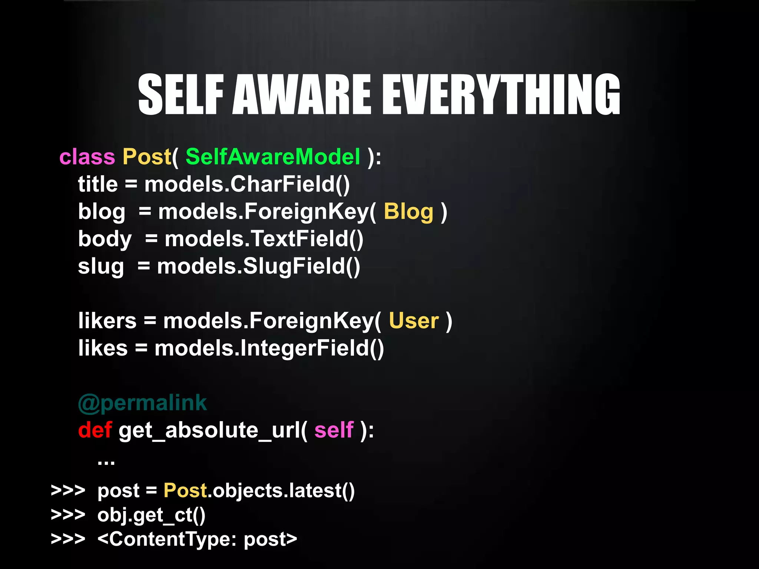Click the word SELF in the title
pos(180,94)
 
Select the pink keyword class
pos(87,157)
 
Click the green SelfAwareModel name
pos(273,157)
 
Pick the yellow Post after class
pos(147,157)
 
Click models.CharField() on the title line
pos(247,184)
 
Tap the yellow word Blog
pos(408,212)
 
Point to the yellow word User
pos(414,320)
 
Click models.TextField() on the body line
pos(264,239)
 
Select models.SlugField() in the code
pos(258,266)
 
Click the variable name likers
pos(107,320)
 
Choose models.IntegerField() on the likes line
pos(269,348)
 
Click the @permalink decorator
pos(142,403)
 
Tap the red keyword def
pos(95,430)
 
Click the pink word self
pos(334,430)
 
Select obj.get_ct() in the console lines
pos(151,515)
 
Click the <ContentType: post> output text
pos(197,539)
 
